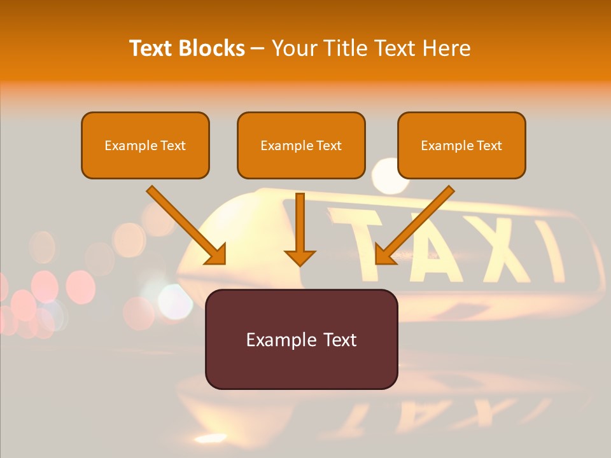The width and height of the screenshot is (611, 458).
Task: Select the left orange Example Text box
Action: point(145,145)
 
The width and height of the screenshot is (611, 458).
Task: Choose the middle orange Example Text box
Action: point(301,145)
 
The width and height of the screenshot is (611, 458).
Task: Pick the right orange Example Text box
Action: point(461,145)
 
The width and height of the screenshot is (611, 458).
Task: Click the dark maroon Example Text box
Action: point(301,339)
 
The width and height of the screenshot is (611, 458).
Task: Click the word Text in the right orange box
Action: point(489,145)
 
